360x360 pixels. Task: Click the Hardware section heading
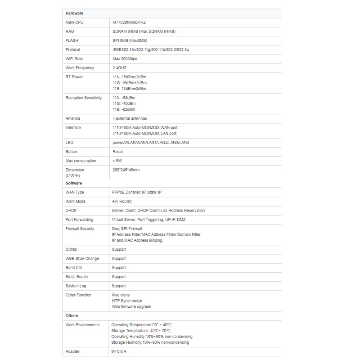tap(74, 13)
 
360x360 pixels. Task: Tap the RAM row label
tap(70, 31)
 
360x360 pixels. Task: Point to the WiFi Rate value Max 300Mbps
tap(127, 58)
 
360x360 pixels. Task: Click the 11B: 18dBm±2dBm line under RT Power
tap(129, 89)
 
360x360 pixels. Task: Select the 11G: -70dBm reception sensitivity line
tap(123, 103)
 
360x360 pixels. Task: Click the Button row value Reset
tap(117, 152)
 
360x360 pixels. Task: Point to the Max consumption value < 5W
tap(117, 161)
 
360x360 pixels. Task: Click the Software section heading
tap(74, 183)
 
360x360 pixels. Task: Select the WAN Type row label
tap(75, 193)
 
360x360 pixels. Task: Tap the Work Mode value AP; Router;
tap(125, 202)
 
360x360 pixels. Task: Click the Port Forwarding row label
tap(79, 220)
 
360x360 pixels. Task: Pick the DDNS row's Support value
tap(119, 249)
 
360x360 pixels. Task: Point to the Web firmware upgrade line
tap(131, 307)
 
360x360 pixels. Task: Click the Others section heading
tap(72, 316)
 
